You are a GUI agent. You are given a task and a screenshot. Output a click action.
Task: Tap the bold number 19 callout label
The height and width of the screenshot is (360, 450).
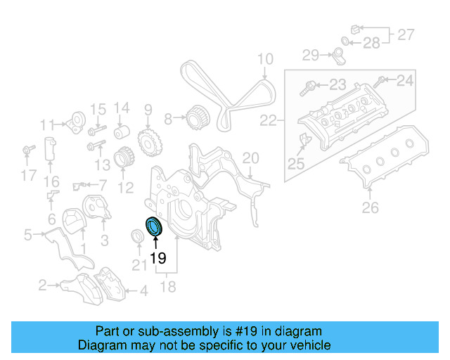click(158, 258)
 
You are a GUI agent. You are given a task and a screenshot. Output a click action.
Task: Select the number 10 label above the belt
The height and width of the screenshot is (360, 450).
click(264, 60)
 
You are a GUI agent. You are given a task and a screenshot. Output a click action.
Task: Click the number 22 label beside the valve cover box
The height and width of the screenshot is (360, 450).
click(268, 122)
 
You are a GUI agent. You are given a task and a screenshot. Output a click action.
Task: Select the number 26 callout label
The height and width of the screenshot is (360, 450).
click(370, 207)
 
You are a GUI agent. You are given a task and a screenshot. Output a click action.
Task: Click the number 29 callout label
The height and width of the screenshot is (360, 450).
click(311, 54)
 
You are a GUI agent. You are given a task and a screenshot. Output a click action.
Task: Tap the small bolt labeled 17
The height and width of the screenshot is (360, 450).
click(29, 150)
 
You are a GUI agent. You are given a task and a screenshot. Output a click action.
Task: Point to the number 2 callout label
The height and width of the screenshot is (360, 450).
click(42, 285)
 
